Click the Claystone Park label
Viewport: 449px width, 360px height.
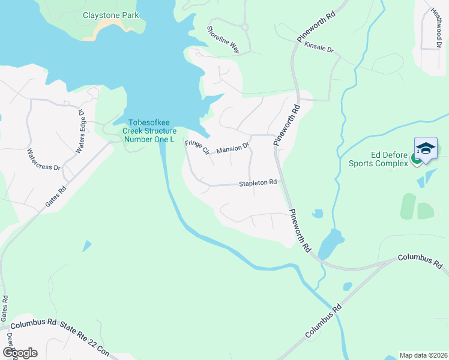pos(110,15)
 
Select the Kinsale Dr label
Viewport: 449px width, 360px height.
pos(319,46)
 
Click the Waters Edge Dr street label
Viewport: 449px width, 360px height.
pos(79,131)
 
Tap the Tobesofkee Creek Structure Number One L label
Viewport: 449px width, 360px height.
pos(149,131)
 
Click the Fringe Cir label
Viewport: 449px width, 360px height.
pos(196,147)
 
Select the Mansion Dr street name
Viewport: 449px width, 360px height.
pos(232,148)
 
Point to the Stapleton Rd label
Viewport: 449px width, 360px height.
pos(258,182)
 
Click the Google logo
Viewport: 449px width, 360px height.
pos(20,353)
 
